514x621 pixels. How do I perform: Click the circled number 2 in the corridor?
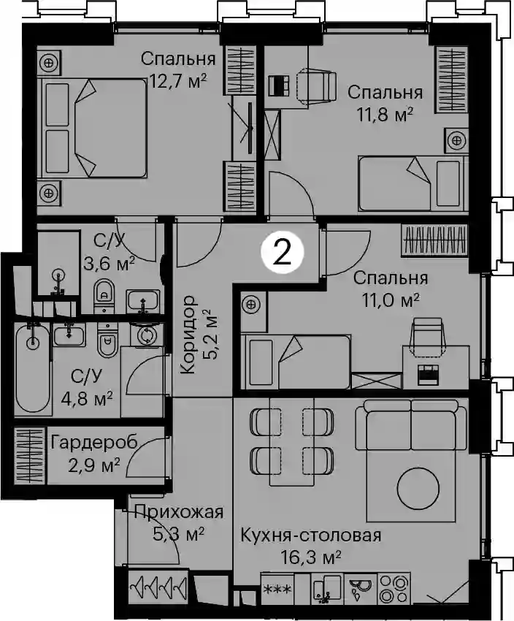282,253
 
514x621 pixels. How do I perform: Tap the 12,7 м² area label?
178,82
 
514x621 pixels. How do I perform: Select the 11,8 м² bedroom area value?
385,115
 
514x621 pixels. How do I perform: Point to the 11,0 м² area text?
391,300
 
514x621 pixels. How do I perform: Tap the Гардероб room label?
94,442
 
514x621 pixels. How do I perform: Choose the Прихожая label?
179,512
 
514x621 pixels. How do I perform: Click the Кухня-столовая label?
311,536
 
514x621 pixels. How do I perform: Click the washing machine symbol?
147,335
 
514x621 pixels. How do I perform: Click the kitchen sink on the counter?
326,589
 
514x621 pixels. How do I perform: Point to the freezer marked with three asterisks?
277,589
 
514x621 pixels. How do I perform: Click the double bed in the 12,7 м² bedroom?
92,128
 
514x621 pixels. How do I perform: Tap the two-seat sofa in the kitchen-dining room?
412,425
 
